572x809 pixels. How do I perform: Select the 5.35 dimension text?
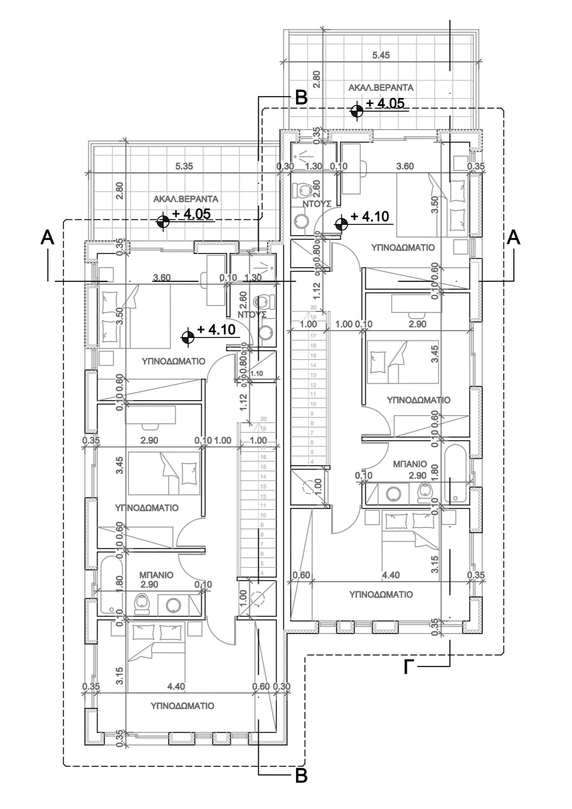184,166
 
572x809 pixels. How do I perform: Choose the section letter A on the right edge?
513,237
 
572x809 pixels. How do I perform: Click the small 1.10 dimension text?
257,374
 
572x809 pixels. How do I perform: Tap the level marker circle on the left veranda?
163,222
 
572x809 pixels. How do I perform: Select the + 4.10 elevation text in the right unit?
370,216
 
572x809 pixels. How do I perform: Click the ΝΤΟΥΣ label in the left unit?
252,315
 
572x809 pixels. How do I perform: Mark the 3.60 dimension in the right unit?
405,166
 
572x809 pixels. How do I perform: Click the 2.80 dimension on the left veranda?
120,191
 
